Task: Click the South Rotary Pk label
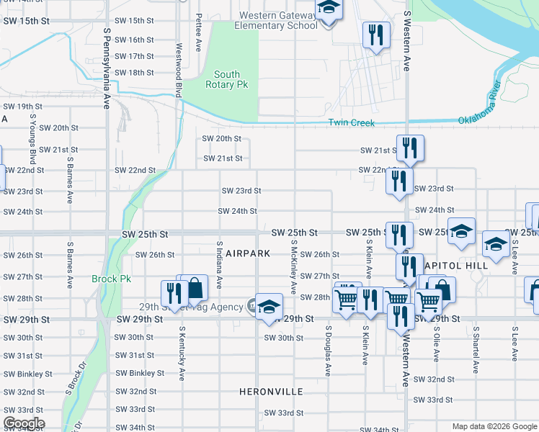tap(227, 79)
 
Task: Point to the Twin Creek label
tap(352, 123)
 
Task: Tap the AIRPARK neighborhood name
tap(247, 254)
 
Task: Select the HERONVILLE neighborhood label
tap(271, 392)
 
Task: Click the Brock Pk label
tap(111, 279)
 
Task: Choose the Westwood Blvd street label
tap(177, 68)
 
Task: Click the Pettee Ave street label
tap(198, 36)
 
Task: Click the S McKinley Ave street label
tap(293, 267)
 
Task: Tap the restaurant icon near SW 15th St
tap(375, 35)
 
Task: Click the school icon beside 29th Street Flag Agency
tap(269, 306)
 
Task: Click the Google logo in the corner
tap(24, 423)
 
